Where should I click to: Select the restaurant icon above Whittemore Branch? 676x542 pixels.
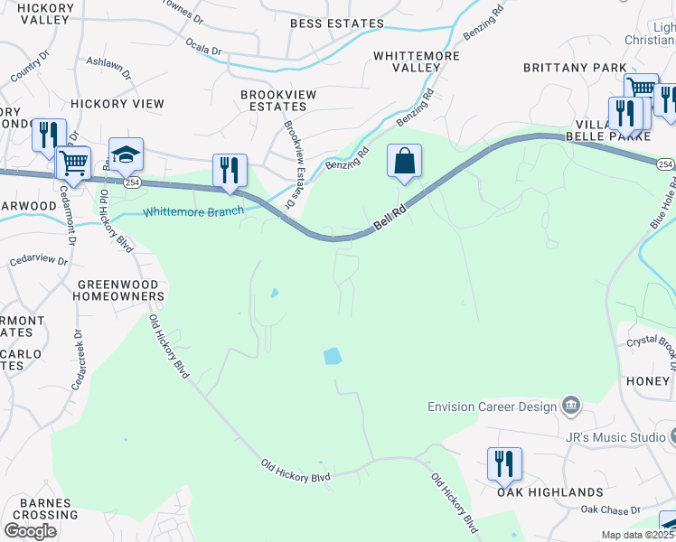[x=230, y=171]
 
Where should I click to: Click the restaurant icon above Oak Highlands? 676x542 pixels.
[x=504, y=464]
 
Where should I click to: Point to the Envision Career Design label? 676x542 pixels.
[x=493, y=406]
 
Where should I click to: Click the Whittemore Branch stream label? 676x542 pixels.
[x=193, y=211]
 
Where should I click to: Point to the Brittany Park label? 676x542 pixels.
[x=575, y=68]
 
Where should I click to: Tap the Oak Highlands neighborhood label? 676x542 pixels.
[x=549, y=492]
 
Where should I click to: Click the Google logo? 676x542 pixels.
[x=30, y=531]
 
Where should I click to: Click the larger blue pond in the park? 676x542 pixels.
[x=333, y=356]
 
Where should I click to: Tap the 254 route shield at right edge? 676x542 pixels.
[x=665, y=164]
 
